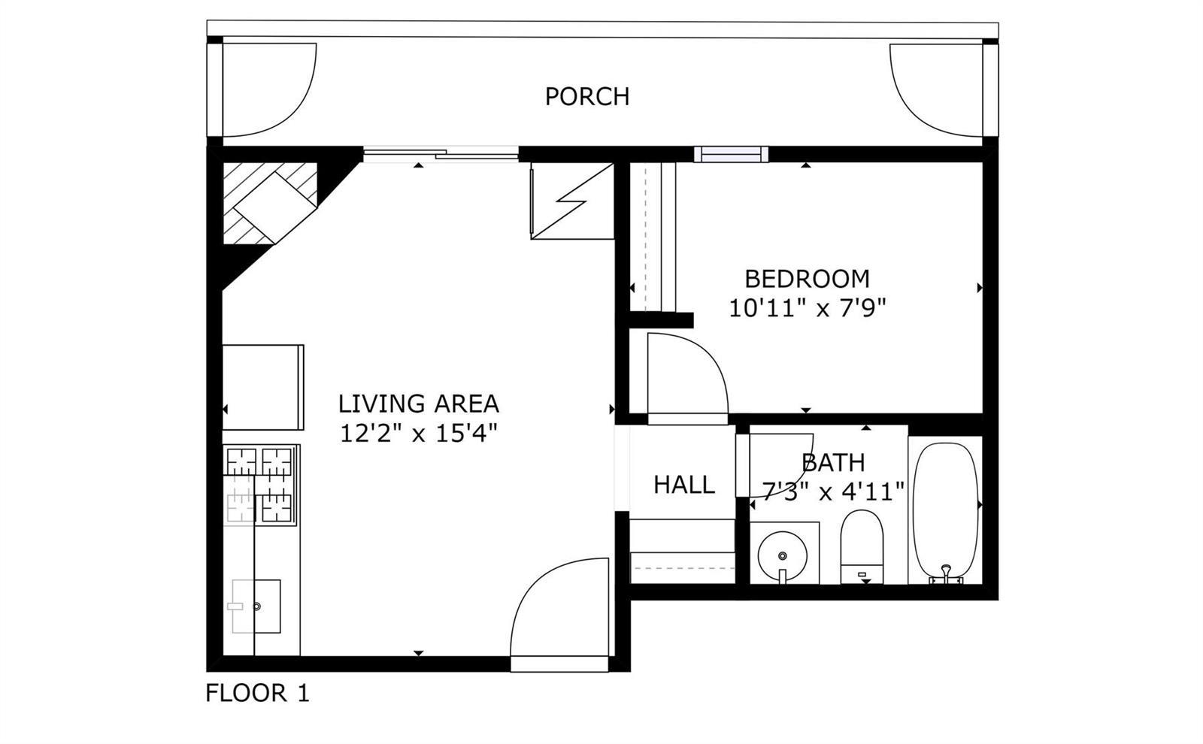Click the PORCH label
click(587, 97)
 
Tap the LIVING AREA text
click(419, 404)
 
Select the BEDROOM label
click(808, 279)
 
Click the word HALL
click(684, 485)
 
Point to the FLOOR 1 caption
click(258, 693)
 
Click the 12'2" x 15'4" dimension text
click(419, 433)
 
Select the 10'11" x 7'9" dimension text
click(808, 308)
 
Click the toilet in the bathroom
click(862, 546)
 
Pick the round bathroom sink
click(783, 556)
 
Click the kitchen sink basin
click(256, 606)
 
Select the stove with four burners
click(260, 485)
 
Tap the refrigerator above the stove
click(263, 387)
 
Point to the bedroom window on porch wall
click(731, 155)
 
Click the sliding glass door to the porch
click(441, 155)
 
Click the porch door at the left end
click(268, 90)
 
